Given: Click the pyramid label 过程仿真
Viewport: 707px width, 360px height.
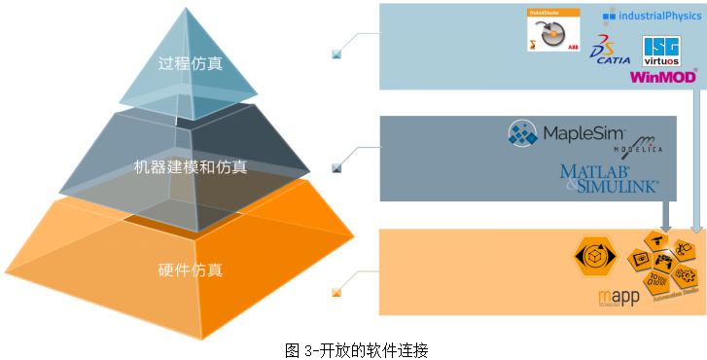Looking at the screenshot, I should pyautogui.click(x=191, y=64).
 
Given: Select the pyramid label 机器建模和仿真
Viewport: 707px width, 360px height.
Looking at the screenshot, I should pyautogui.click(x=191, y=167).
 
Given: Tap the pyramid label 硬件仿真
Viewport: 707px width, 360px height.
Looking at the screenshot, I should pyautogui.click(x=190, y=270).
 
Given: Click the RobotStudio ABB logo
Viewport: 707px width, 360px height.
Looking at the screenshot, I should pyautogui.click(x=547, y=30).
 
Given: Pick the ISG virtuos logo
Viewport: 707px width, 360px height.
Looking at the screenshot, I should pyautogui.click(x=661, y=51).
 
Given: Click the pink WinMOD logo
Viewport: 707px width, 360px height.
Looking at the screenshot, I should pyautogui.click(x=663, y=76).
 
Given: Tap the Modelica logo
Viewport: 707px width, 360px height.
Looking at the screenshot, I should pyautogui.click(x=638, y=147).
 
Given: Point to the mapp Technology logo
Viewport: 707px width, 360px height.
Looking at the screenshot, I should pyautogui.click(x=618, y=298).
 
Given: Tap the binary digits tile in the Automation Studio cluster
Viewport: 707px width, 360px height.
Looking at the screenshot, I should pyautogui.click(x=654, y=284).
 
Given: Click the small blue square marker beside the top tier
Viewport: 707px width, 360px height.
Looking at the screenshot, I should pyautogui.click(x=336, y=54).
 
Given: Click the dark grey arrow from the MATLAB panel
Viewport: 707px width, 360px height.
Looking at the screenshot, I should pyautogui.click(x=665, y=216).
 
